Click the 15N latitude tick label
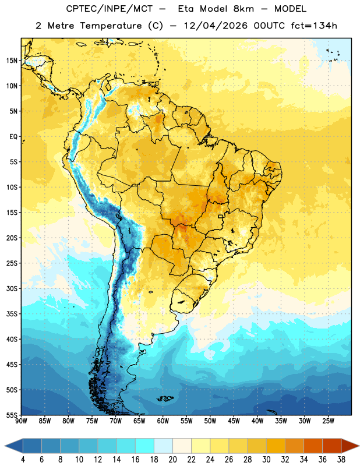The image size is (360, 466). [12, 61]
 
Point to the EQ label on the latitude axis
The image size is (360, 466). [13, 137]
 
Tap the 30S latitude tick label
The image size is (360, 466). [12, 288]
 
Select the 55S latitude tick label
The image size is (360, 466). [12, 415]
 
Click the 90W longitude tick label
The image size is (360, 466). [21, 421]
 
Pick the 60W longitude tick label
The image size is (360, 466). [163, 421]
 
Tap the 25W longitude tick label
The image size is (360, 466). [328, 421]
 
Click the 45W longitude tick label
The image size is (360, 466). [234, 421]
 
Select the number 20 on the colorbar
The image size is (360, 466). [172, 460]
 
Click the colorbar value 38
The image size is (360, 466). [341, 460]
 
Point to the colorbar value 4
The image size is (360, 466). [23, 460]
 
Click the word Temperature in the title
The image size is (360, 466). [111, 26]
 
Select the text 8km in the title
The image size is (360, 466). [243, 9]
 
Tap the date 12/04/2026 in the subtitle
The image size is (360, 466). [215, 26]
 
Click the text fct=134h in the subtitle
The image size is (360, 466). [313, 26]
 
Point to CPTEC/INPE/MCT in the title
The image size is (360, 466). [109, 9]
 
